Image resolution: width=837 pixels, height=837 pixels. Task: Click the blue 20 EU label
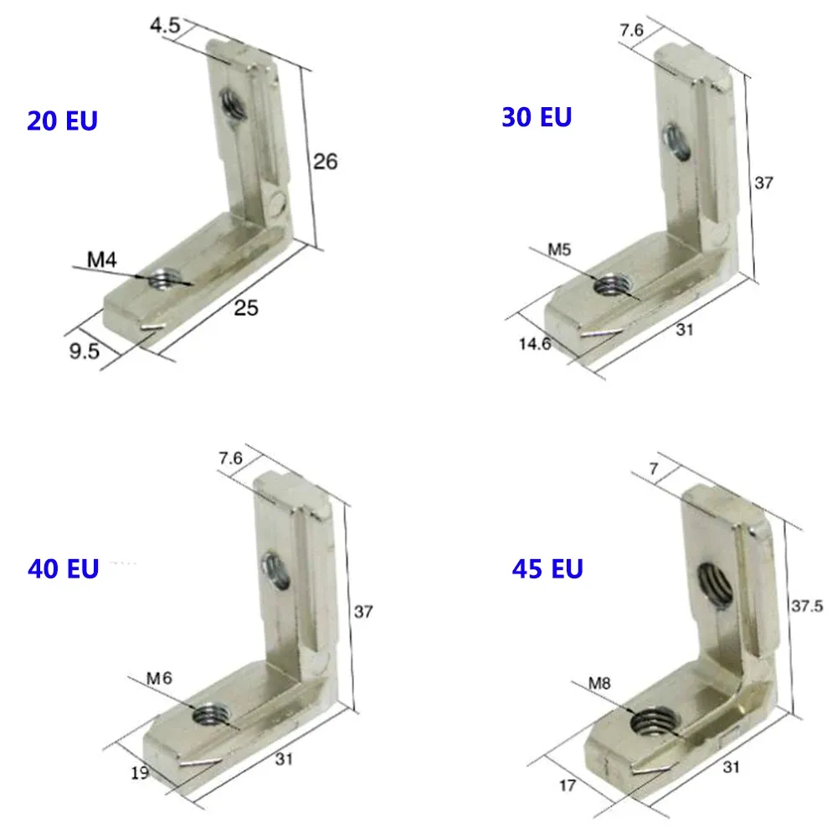[x=63, y=121]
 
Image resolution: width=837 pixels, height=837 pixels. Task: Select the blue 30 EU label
[x=537, y=117]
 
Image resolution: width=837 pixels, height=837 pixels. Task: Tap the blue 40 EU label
[x=63, y=569]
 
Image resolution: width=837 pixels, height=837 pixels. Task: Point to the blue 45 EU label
[x=547, y=569]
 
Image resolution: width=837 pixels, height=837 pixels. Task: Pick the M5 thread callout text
[x=559, y=249]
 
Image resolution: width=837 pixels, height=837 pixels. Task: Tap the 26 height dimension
[x=326, y=161]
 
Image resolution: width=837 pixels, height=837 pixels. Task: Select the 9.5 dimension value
[x=84, y=351]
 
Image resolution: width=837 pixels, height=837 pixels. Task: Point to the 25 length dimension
[x=246, y=308]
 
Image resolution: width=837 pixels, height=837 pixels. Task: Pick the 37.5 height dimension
[x=806, y=604]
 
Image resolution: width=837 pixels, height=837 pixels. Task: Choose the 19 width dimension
[x=140, y=773]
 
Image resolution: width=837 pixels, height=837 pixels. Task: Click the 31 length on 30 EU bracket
[x=684, y=330]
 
